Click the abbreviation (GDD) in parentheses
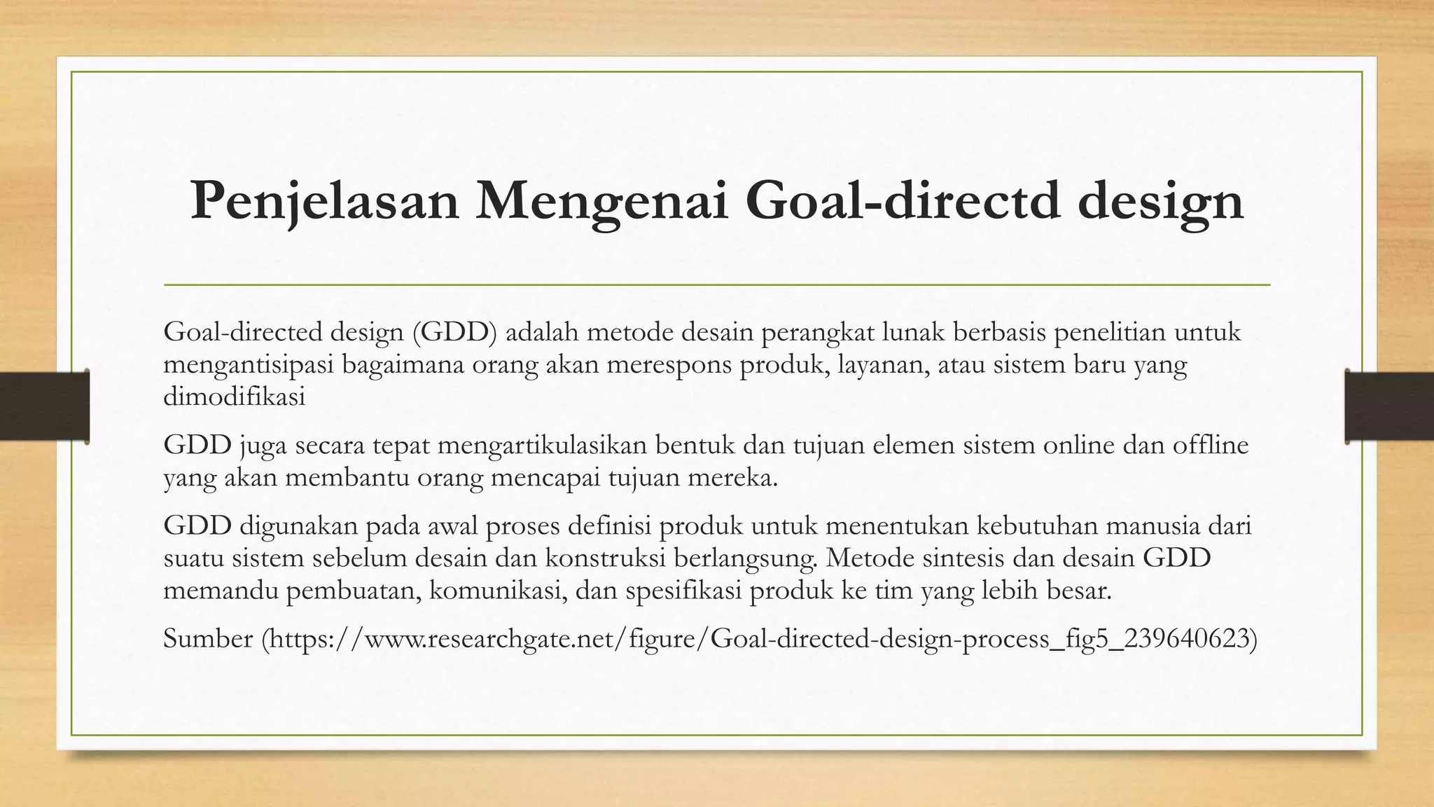coord(454,332)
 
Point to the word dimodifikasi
coord(234,397)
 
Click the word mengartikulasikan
coord(533,446)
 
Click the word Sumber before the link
coord(208,638)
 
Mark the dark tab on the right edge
coord(1389,406)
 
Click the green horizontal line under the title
coord(717,285)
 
